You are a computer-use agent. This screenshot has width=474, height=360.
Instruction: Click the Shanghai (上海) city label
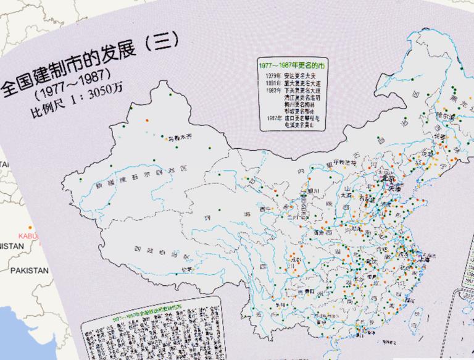pyautogui.click(x=430, y=259)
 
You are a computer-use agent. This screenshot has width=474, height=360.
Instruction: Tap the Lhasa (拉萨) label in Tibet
pyautogui.click(x=186, y=269)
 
